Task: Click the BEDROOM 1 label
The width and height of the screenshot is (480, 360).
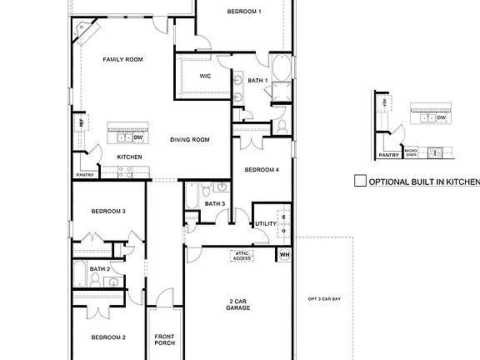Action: (x=244, y=12)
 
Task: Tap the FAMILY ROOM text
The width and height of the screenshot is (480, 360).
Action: (x=122, y=60)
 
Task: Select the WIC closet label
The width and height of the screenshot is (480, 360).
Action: (x=204, y=76)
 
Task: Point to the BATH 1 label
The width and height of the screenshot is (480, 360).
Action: (x=257, y=80)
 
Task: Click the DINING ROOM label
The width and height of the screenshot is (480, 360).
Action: (x=189, y=140)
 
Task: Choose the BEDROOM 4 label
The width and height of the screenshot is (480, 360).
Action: (x=261, y=170)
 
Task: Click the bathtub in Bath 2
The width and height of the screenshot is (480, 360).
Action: (x=79, y=272)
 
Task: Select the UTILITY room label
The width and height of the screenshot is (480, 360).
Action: (x=266, y=223)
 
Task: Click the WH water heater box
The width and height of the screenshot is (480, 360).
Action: (x=284, y=254)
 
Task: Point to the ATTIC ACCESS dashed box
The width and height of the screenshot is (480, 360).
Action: (x=242, y=257)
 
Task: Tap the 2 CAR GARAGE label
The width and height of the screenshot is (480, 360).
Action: (x=239, y=304)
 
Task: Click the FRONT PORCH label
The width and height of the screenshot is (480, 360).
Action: (x=164, y=340)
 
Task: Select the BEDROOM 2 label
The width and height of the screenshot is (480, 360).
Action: (x=108, y=337)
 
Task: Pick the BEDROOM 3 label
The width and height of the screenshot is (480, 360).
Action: (x=108, y=212)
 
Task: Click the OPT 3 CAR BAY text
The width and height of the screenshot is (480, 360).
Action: (x=324, y=299)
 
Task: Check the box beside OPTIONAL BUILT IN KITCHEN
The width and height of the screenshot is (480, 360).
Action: (x=360, y=181)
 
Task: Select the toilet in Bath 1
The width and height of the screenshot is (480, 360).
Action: (x=282, y=127)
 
